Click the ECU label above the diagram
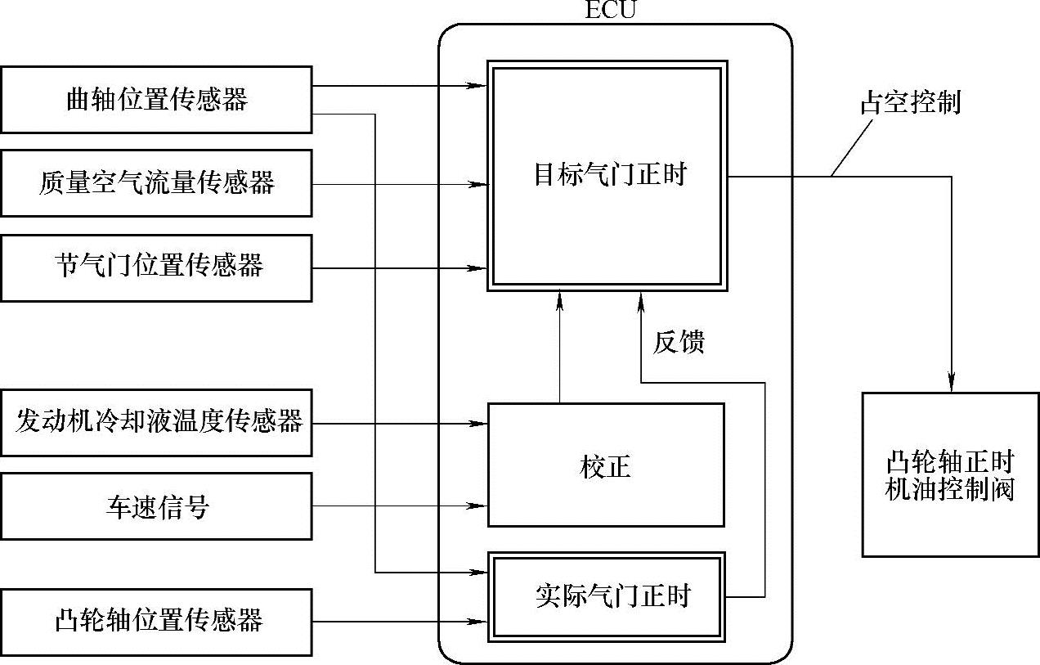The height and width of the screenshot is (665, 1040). point(610,10)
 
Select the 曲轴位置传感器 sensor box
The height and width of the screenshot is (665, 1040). point(155,100)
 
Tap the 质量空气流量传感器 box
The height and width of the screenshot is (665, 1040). point(155,182)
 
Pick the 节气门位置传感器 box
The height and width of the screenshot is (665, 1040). point(155,267)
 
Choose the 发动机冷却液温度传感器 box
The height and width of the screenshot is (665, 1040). point(155,422)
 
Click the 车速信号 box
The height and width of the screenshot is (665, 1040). point(155,506)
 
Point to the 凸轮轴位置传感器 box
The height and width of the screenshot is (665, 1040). point(155,620)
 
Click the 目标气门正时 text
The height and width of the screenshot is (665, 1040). point(610,175)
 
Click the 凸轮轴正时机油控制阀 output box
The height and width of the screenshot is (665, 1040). point(950,475)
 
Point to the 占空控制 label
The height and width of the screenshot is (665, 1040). point(910,103)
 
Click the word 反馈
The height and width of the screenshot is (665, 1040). point(678,343)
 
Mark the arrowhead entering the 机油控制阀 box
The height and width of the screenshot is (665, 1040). point(952,383)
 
